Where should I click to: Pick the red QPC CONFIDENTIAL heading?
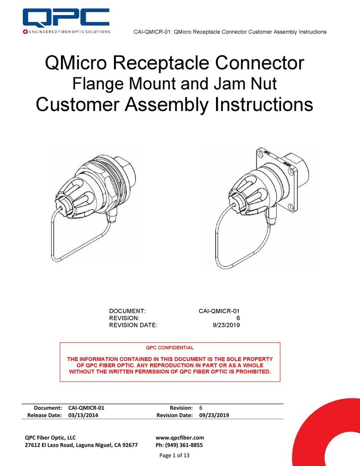(x=171, y=347)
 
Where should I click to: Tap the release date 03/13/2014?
(x=83, y=415)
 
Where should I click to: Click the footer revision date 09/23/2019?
(x=214, y=415)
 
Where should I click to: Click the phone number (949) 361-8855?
(x=184, y=445)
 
